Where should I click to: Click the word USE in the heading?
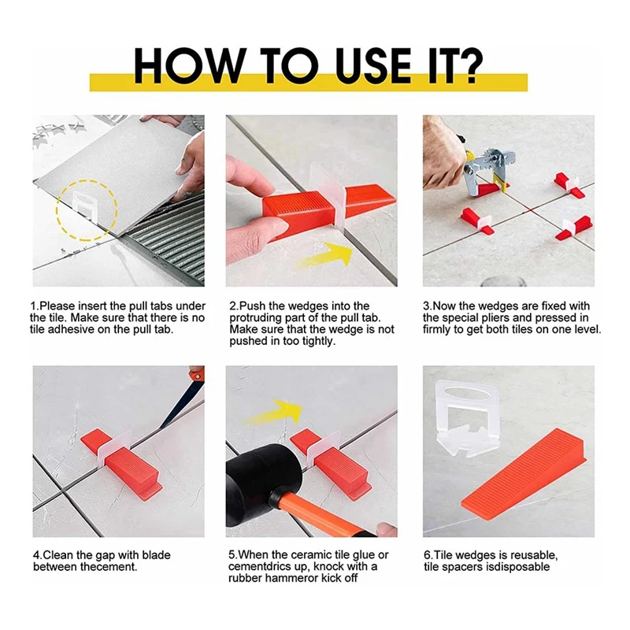[372, 65]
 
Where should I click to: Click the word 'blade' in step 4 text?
[155, 555]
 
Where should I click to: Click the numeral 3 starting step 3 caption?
[426, 306]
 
